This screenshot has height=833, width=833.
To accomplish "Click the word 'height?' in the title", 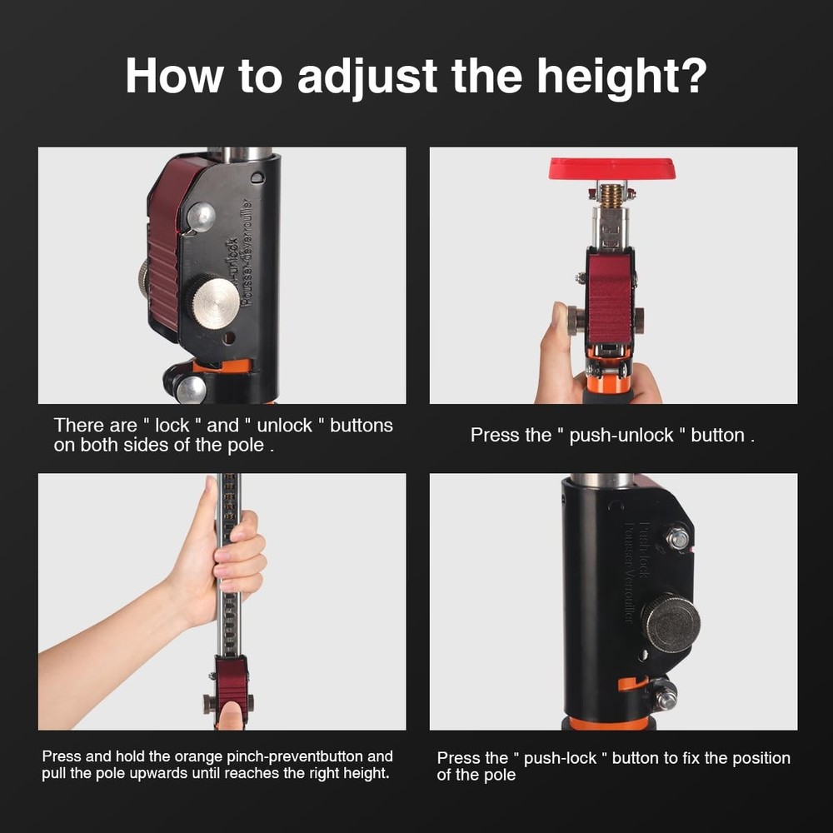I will pos(621,77).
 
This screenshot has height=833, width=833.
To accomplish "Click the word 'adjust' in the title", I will pos(367,77).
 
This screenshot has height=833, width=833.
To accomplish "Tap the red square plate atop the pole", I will pos(612,169).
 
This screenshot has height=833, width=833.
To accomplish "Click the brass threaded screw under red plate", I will pos(612,196).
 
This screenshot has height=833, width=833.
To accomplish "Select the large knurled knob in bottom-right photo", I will pos(670,622).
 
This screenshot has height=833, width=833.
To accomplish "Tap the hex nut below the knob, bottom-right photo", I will pos(666,696).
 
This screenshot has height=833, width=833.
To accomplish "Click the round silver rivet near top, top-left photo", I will pos(201,217).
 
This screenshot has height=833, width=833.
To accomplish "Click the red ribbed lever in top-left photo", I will pos(166,250).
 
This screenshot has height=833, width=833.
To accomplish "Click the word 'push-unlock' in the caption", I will pos(621,435).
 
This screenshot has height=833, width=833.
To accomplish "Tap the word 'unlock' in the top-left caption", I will pos(284,425).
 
